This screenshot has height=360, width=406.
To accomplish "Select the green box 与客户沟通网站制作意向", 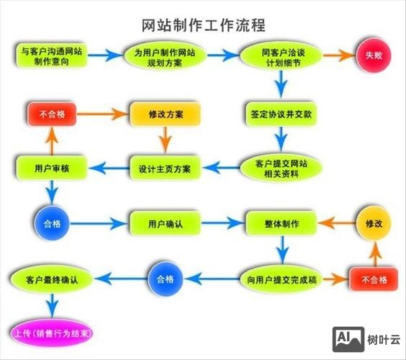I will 50,56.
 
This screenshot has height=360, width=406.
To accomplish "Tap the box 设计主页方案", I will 165,168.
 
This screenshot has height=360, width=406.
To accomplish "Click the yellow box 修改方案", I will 165,114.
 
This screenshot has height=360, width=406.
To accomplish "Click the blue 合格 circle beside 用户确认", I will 52,223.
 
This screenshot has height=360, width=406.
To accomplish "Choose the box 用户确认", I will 165,223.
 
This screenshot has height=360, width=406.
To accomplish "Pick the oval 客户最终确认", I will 51,277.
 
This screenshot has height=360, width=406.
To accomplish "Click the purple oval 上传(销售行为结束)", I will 53,333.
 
